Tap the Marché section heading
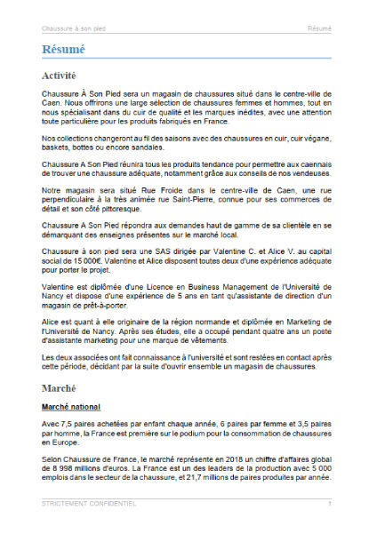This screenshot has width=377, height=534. [x=59, y=388]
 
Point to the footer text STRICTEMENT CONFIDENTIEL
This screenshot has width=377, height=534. [x=89, y=504]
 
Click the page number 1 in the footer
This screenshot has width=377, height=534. [x=329, y=504]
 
